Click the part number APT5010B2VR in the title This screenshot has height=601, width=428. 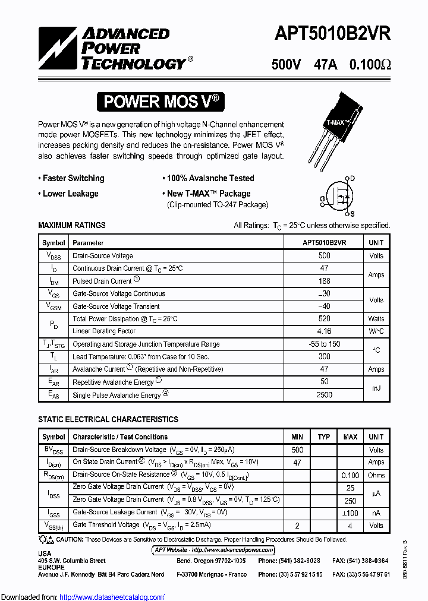(332, 34)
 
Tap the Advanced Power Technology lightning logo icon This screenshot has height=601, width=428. (58, 48)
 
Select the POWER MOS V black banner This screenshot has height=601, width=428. (161, 102)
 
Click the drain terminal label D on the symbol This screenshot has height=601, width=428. (352, 178)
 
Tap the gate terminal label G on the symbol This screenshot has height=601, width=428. (322, 198)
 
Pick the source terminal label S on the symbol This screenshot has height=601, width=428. (352, 214)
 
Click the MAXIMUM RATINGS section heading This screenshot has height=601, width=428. (72, 226)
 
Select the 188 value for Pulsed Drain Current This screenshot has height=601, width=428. (324, 281)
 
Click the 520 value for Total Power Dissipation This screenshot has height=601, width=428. (324, 319)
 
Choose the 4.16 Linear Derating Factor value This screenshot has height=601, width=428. (324, 331)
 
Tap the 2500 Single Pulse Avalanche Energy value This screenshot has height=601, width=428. (324, 395)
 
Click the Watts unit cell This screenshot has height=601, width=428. (376, 319)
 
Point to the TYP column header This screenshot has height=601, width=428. (323, 437)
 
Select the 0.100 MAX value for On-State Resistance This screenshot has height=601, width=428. (350, 475)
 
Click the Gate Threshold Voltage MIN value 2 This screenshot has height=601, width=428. (297, 526)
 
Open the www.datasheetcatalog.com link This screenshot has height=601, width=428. (112, 597)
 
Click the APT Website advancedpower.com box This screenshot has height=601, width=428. (214, 550)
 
